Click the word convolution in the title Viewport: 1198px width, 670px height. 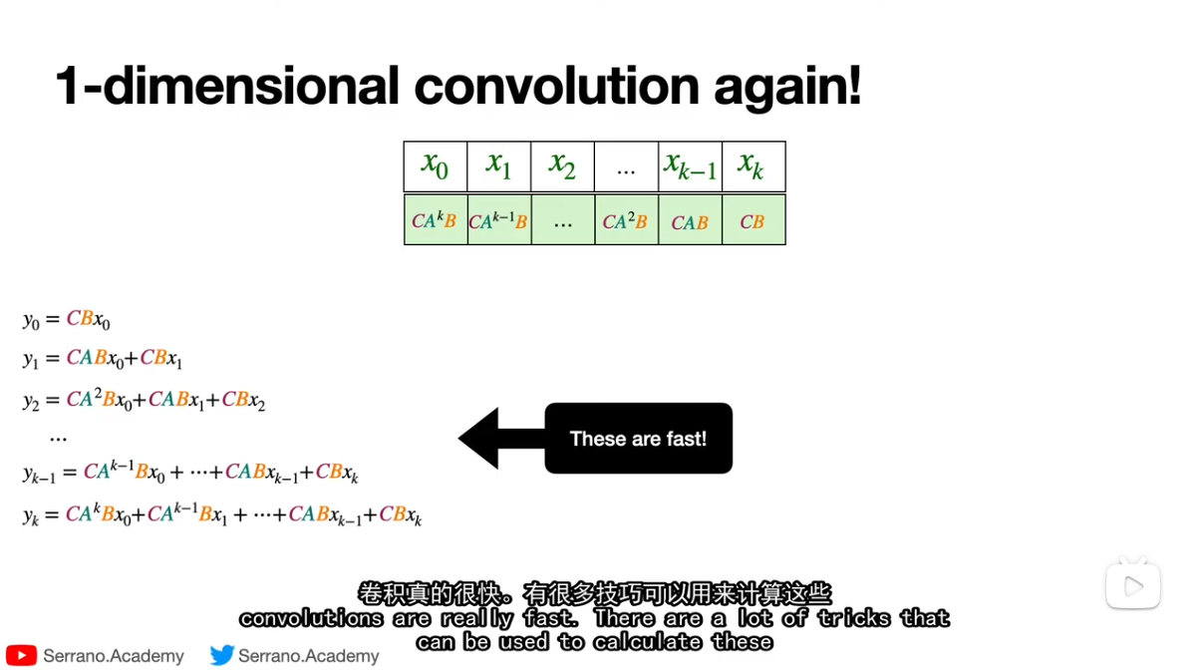(556, 86)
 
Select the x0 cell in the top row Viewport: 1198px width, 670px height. (436, 167)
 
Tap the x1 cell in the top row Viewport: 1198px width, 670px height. (499, 167)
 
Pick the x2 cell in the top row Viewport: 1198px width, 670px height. (563, 167)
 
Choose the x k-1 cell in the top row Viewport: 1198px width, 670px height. (691, 167)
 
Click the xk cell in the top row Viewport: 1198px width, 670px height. (754, 167)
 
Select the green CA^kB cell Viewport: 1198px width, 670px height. (436, 220)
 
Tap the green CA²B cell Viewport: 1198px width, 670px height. (626, 220)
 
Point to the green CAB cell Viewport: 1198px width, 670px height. (691, 220)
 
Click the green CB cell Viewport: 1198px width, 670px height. (754, 220)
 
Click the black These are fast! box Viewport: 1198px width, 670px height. (639, 439)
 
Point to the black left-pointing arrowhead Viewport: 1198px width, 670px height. (479, 439)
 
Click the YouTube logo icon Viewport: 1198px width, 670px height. (21, 656)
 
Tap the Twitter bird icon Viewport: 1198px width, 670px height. (222, 655)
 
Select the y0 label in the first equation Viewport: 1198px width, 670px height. (31, 320)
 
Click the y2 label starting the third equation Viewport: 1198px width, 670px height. (31, 401)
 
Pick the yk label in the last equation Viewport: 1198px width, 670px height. (31, 515)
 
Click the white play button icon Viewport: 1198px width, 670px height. (1133, 586)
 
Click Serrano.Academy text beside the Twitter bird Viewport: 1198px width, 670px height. (309, 656)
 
